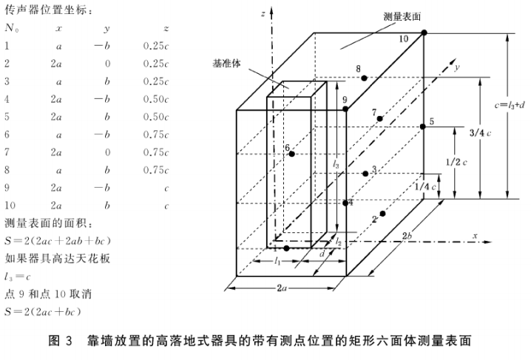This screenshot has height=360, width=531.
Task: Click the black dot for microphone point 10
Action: coord(424,33)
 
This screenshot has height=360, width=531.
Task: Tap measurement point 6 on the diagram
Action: coord(292,154)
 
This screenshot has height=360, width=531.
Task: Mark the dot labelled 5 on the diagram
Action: coord(423,127)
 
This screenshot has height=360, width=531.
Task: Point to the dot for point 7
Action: coord(379,118)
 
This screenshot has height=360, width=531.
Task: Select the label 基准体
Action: coord(226,64)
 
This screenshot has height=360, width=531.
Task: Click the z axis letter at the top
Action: coord(264,14)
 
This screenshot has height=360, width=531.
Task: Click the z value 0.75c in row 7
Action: coord(156,152)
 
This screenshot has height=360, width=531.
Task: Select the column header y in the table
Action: coord(107,27)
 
